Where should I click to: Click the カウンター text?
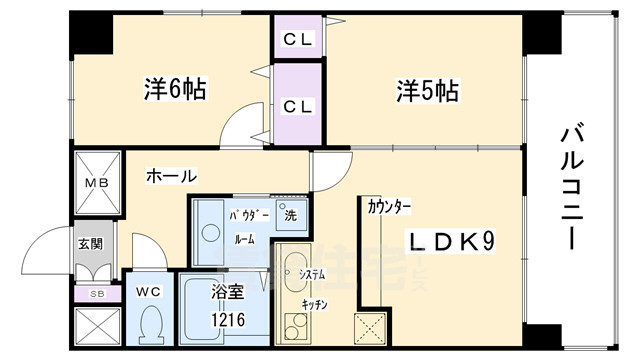pos(389,207)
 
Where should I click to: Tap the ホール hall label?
pos(171,175)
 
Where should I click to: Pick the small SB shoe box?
pos(97,293)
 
